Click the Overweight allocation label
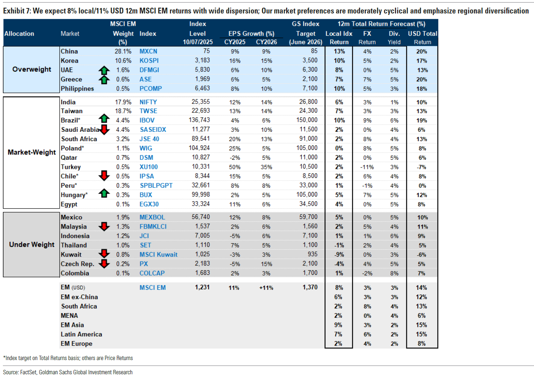[x=32, y=69]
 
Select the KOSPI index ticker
[x=149, y=60]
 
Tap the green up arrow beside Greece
[x=104, y=79]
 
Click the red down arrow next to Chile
[x=104, y=176]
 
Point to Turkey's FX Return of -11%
[x=367, y=167]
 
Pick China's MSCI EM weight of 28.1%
[x=123, y=51]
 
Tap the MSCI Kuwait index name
[x=158, y=254]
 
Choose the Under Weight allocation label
[x=32, y=244]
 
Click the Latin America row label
[x=81, y=334]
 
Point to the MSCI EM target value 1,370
[x=310, y=287]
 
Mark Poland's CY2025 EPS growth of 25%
[x=234, y=149]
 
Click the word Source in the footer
[x=11, y=372]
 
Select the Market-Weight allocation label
[x=32, y=152]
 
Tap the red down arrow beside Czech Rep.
[x=104, y=264]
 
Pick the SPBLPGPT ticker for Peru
[x=156, y=185]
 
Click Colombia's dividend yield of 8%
[x=394, y=273]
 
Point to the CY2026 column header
[x=266, y=42]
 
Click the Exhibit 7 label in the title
[x=17, y=11]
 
